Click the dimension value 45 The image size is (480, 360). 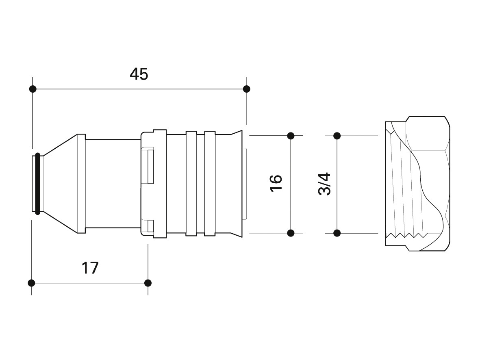[139, 74]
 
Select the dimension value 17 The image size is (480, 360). [90, 268]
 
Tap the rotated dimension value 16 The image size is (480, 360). [276, 183]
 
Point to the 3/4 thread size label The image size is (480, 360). [325, 184]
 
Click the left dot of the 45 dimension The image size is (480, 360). [33, 89]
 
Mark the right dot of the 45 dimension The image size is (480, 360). [246, 89]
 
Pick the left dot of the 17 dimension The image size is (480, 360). [32, 283]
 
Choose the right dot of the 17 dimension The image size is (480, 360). [148, 283]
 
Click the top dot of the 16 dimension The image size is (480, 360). [291, 136]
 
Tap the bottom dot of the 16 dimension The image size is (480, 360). [291, 233]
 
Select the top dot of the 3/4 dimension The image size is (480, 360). [337, 136]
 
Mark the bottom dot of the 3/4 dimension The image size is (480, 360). [337, 233]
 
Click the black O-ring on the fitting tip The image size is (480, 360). [38, 183]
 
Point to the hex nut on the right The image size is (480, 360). [417, 184]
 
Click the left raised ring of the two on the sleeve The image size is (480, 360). [191, 184]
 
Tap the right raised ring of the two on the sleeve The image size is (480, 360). [210, 184]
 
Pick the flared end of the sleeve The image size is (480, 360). [237, 184]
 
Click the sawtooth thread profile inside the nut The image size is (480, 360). [406, 236]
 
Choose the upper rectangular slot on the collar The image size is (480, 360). [150, 165]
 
